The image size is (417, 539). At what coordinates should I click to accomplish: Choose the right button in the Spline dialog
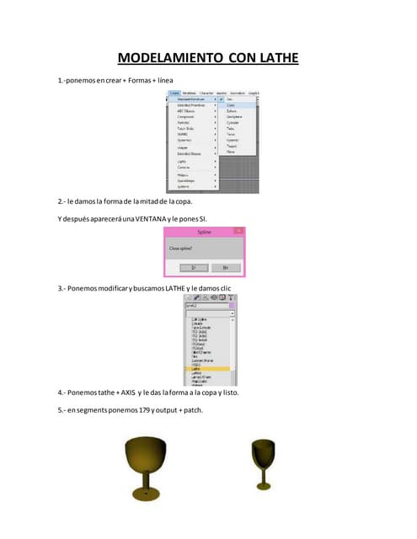pos(225,267)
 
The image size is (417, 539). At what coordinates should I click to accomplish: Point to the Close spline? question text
pos(181,249)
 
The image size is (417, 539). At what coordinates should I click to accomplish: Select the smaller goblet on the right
pos(261,463)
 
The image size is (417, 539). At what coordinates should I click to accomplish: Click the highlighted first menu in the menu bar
pos(174,93)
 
